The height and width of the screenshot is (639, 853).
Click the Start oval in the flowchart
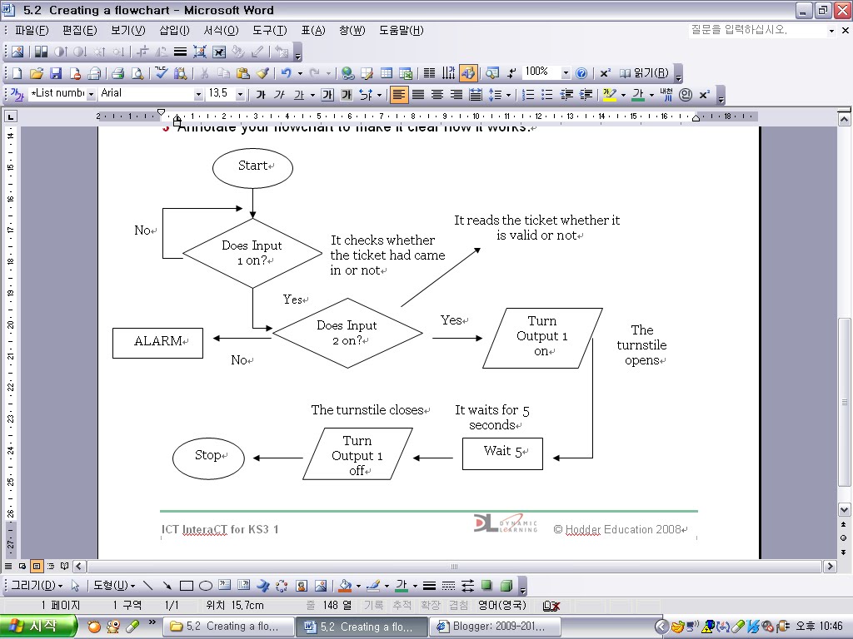252,166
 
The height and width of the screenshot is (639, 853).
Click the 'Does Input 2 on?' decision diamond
347,333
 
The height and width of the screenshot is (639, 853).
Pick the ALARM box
157,342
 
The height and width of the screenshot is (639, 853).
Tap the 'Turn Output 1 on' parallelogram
541,336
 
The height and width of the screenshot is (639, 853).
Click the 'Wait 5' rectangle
502,453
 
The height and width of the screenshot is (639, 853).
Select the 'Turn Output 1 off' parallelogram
357,454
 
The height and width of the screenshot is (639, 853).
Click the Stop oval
208,457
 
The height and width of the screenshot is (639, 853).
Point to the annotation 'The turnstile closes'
367,410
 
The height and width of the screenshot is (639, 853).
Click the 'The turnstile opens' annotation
641,345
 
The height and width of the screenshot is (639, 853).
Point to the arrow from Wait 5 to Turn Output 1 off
433,458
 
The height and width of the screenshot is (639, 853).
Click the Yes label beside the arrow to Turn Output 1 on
451,320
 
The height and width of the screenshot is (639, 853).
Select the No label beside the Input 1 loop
143,230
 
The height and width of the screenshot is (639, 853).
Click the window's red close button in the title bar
841,10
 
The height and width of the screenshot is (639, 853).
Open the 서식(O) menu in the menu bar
221,31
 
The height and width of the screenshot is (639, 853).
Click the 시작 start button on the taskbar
39,626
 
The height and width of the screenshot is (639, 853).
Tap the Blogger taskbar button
495,627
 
